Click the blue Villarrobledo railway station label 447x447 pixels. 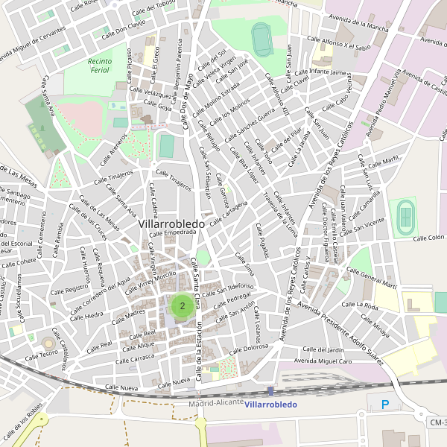(270, 405)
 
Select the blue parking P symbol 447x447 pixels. (385, 405)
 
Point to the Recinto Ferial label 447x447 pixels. (99, 66)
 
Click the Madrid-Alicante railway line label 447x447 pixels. (216, 402)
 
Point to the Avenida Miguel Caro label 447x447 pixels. (323, 361)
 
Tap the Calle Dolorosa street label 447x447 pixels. (250, 348)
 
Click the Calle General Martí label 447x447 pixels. (379, 280)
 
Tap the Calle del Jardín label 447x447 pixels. (325, 349)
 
